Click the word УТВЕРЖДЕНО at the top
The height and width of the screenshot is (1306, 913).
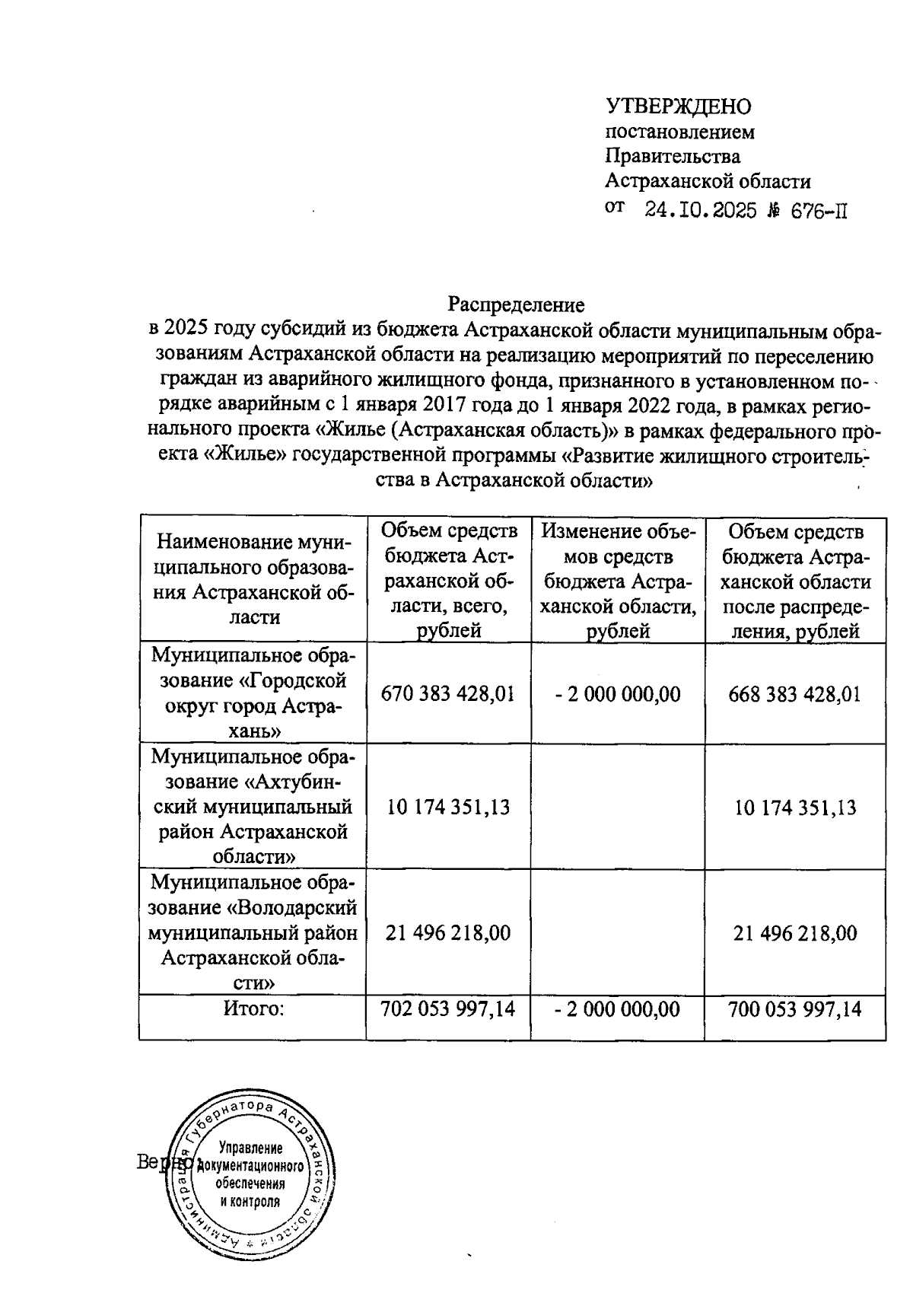pos(678,107)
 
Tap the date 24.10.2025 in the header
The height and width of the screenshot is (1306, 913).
pos(701,211)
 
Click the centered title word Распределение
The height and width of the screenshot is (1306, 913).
pos(516,305)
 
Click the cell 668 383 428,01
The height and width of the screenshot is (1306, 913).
pos(794,694)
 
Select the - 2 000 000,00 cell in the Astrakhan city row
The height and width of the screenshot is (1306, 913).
pos(618,694)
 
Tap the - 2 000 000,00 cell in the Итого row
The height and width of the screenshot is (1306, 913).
pos(618,1009)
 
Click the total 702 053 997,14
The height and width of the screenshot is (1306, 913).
pos(448,1009)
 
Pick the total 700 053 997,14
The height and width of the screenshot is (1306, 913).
pos(794,1009)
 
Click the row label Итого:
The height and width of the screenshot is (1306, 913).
pos(253,1009)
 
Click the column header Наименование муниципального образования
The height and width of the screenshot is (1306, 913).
pos(253,579)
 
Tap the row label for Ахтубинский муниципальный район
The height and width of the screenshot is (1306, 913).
pos(253,807)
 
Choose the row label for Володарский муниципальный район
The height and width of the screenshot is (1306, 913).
pos(253,933)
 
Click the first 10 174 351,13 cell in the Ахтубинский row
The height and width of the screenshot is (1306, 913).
pos(448,807)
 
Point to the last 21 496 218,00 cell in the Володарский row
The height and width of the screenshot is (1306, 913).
pos(794,933)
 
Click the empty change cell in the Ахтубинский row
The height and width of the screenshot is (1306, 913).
pos(618,807)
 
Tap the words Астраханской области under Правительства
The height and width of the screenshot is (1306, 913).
pos(708,182)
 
